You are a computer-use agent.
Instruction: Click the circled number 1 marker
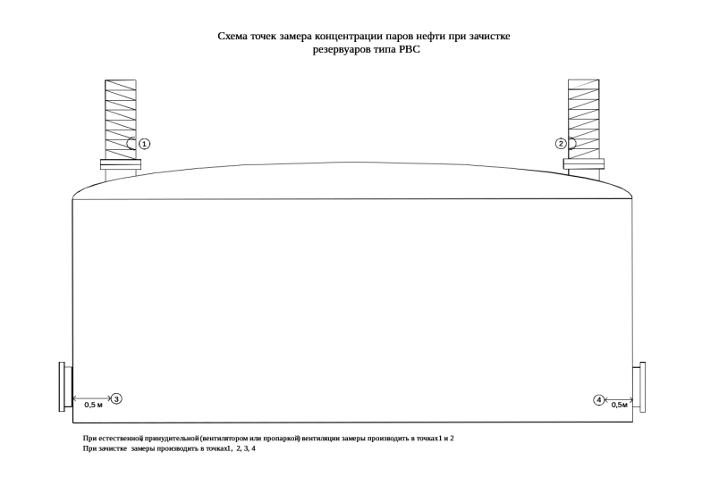point(145,144)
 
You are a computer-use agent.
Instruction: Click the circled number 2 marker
point(561,144)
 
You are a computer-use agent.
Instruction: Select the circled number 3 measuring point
point(116,398)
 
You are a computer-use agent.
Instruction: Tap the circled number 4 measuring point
point(598,399)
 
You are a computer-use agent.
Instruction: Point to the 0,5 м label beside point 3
point(93,405)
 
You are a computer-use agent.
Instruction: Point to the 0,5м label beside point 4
point(620,405)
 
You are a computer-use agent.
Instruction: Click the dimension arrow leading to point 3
point(91,397)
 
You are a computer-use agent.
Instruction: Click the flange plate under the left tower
point(120,164)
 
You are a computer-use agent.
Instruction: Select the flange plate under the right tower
point(584,163)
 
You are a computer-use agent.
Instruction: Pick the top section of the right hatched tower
point(584,86)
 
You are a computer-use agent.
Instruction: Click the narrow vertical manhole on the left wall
point(63,387)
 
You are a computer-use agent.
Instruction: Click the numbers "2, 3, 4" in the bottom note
point(245,448)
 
